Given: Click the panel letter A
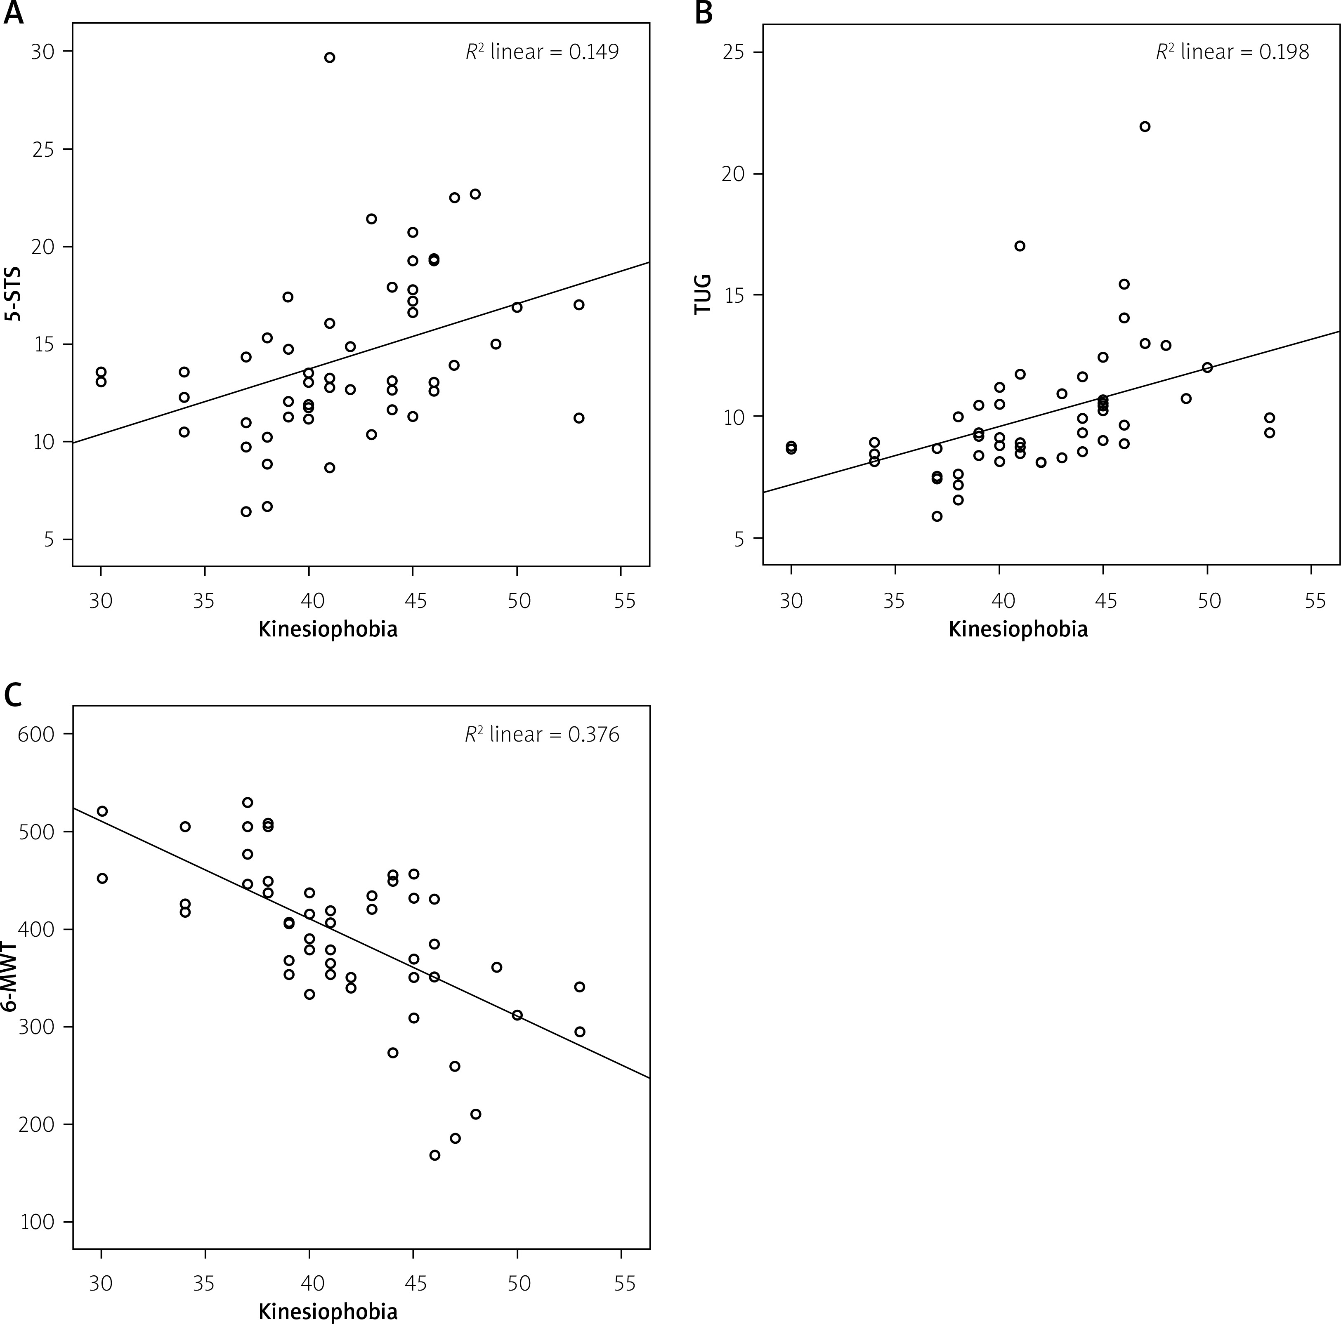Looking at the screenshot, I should [x=14, y=14].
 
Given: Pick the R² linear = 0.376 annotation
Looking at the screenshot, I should [x=541, y=734].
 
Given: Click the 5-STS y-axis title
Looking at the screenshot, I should [x=12, y=295].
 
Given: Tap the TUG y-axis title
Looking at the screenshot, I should [x=703, y=295].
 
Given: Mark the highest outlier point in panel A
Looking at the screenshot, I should [x=330, y=58].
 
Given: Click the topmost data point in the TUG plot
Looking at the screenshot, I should [x=1145, y=126].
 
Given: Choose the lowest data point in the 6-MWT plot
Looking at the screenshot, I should [x=434, y=1155].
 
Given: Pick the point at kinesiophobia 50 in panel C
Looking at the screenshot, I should [x=517, y=1015].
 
